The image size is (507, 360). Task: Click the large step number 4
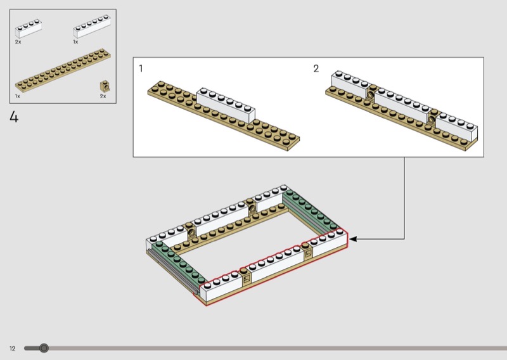[x=14, y=117]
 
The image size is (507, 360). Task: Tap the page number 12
[x=12, y=349]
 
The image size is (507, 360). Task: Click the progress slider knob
[x=44, y=348]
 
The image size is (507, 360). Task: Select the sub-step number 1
[x=141, y=68]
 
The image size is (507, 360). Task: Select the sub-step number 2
[x=316, y=68]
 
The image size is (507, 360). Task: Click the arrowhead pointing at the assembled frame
[x=353, y=239]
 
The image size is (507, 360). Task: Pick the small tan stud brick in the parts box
[x=105, y=86]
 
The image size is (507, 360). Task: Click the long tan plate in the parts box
[x=63, y=70]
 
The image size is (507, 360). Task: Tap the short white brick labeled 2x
[x=29, y=29]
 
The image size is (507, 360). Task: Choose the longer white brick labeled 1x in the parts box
[x=92, y=26]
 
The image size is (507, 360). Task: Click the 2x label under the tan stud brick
[x=103, y=96]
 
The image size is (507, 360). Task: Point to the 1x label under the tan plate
[x=18, y=96]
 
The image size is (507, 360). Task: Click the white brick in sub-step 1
[x=226, y=105]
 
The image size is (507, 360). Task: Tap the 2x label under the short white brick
[x=18, y=42]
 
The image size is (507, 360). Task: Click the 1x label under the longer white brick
[x=75, y=42]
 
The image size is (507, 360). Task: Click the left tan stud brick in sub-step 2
[x=371, y=92]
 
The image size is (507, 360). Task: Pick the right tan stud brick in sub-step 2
[x=432, y=117]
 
